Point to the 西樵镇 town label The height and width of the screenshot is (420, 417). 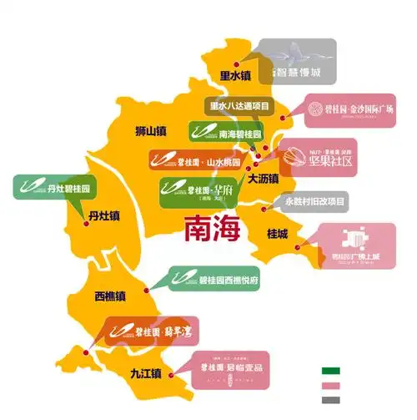click(109, 296)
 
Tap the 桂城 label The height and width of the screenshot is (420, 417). click(278, 234)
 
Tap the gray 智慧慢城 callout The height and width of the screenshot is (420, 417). click(295, 61)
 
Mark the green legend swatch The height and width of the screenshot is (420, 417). click(332, 368)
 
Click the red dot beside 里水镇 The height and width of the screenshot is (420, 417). click(237, 63)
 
